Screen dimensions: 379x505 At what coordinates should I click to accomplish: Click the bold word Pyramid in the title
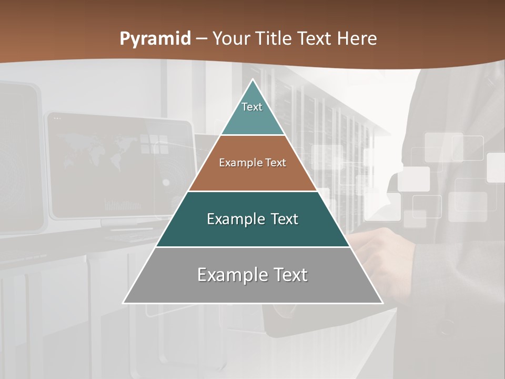pyautogui.click(x=155, y=38)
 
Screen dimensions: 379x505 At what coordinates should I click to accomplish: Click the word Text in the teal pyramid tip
pyautogui.click(x=252, y=107)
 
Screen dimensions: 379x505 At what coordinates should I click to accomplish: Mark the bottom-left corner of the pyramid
pyautogui.click(x=124, y=303)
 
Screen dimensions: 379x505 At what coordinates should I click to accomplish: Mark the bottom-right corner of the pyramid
pyautogui.click(x=382, y=303)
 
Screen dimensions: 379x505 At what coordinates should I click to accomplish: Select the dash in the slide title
pyautogui.click(x=201, y=39)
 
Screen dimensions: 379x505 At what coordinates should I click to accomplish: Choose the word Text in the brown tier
pyautogui.click(x=275, y=163)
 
